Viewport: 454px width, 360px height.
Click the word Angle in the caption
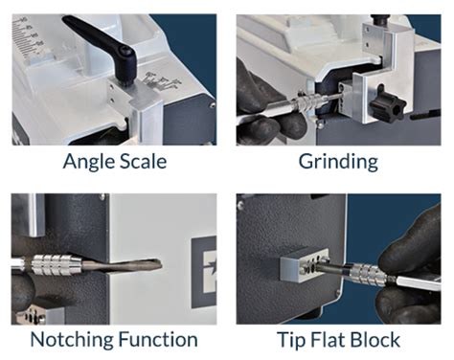point(88,161)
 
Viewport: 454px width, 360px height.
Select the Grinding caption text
point(336,161)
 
